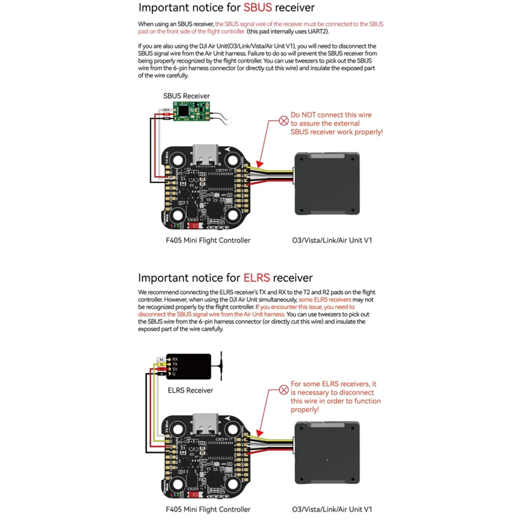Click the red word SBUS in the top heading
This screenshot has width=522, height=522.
pyautogui.click(x=258, y=8)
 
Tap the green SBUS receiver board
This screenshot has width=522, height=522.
pyautogui.click(x=191, y=111)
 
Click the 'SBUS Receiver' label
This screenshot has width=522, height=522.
pyautogui.click(x=186, y=96)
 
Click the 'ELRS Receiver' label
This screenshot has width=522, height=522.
pyautogui.click(x=190, y=391)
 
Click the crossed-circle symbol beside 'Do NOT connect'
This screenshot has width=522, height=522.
pyautogui.click(x=284, y=121)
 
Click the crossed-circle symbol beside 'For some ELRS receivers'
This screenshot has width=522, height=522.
pyautogui.click(x=284, y=390)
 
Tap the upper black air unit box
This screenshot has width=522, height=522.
pyautogui.click(x=327, y=184)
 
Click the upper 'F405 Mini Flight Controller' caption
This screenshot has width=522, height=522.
pyautogui.click(x=208, y=241)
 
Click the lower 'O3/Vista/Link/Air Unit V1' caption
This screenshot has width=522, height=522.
pyautogui.click(x=332, y=509)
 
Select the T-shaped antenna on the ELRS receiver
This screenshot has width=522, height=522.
pyautogui.click(x=221, y=365)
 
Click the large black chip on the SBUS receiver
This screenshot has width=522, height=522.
pyautogui.click(x=184, y=111)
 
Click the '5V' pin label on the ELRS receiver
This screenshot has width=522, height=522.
pyautogui.click(x=175, y=369)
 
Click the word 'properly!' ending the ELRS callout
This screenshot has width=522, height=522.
pyautogui.click(x=304, y=410)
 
